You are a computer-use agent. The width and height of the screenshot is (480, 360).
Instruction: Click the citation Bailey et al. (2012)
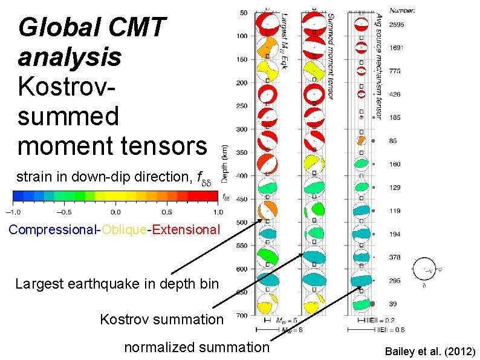430,352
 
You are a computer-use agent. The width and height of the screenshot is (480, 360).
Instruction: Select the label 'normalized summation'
196,347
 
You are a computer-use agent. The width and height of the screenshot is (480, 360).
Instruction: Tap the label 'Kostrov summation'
161,318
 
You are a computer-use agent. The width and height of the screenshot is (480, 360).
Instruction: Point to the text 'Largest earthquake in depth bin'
117,283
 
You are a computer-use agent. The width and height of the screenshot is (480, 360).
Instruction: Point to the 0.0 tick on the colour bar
115,212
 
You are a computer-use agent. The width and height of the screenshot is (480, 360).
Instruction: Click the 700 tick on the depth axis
242,316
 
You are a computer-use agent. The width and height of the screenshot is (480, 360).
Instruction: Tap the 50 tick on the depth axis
244,13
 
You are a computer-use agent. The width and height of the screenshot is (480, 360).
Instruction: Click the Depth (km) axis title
225,164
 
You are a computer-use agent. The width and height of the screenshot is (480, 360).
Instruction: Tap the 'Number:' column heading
402,10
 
